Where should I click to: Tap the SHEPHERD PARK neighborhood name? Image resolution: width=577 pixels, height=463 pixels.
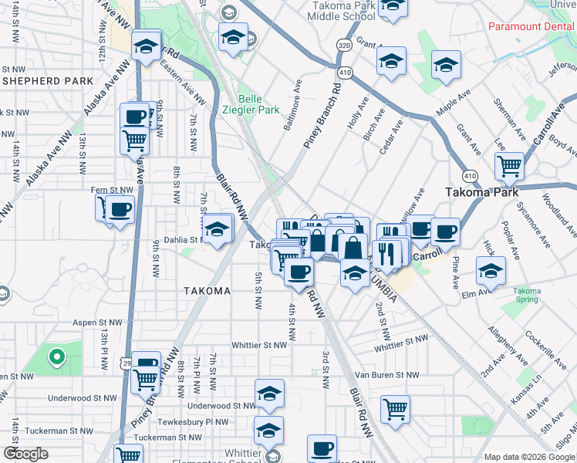(48, 80)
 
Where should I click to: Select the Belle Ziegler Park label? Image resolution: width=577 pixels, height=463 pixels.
(258, 104)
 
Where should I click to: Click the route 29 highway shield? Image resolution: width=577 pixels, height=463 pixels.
(126, 363)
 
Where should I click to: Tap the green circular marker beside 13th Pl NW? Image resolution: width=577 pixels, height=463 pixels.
(56, 357)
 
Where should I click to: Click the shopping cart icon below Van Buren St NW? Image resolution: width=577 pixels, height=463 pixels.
(395, 408)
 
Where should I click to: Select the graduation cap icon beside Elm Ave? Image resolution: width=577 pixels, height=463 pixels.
(491, 270)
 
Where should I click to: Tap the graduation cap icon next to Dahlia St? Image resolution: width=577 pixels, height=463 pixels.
(218, 229)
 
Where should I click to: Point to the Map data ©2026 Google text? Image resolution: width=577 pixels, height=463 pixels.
(528, 457)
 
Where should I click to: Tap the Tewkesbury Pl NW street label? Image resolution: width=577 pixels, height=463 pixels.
(194, 422)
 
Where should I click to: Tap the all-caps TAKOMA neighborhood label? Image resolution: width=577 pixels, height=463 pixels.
(207, 291)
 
